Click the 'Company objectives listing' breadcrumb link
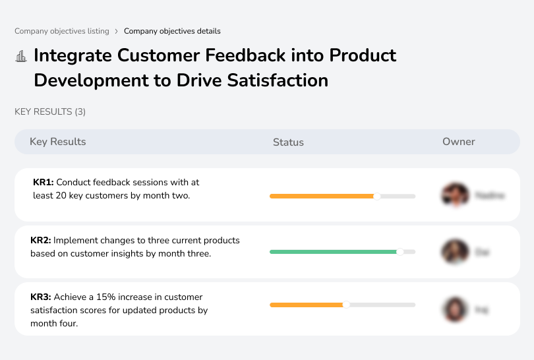[62, 31]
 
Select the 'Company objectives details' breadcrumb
[172, 31]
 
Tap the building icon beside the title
[21, 57]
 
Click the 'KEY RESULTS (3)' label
[50, 112]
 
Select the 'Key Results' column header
[57, 142]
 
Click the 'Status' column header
[288, 142]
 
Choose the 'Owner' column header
[459, 142]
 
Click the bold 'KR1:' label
[44, 182]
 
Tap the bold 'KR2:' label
[41, 241]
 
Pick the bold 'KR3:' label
[41, 297]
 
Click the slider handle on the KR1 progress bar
[377, 196]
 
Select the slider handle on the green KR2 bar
[400, 252]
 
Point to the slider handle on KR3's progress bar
[346, 305]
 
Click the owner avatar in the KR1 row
[454, 195]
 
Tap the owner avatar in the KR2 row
[454, 252]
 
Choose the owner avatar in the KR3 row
[454, 309]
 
